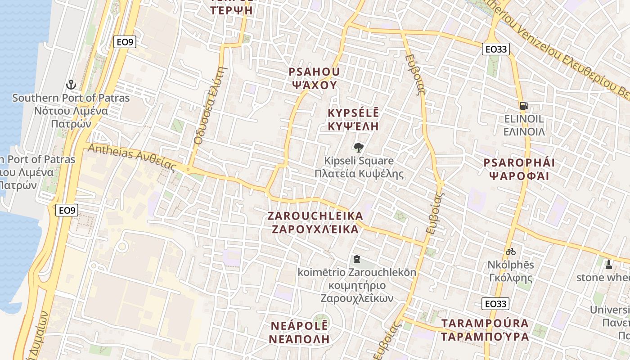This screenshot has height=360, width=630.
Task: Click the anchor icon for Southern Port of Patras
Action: coord(71,84)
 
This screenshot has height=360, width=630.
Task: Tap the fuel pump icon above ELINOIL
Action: coord(524,106)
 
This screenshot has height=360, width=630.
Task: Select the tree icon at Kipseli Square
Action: coord(359,147)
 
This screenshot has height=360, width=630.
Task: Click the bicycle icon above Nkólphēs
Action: coord(510,252)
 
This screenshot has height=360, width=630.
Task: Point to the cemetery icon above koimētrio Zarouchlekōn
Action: coord(357,259)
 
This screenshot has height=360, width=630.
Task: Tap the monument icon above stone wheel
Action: coord(609,264)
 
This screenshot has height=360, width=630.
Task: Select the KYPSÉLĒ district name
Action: coord(353,113)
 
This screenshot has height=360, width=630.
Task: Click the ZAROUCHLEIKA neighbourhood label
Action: coord(315,216)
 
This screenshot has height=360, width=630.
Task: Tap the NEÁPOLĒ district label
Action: coord(299,326)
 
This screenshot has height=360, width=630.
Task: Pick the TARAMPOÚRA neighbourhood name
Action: coord(485,324)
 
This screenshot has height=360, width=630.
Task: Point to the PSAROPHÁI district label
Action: coord(519,162)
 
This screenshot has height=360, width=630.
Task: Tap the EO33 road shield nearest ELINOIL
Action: coord(495,49)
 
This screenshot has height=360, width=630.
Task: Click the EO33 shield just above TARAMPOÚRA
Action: coord(495,304)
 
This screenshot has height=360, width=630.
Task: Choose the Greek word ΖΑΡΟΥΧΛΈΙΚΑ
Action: coord(315,229)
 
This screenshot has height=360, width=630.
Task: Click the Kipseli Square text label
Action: coord(359,161)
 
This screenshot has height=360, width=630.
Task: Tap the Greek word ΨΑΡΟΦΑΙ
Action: coord(519,175)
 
